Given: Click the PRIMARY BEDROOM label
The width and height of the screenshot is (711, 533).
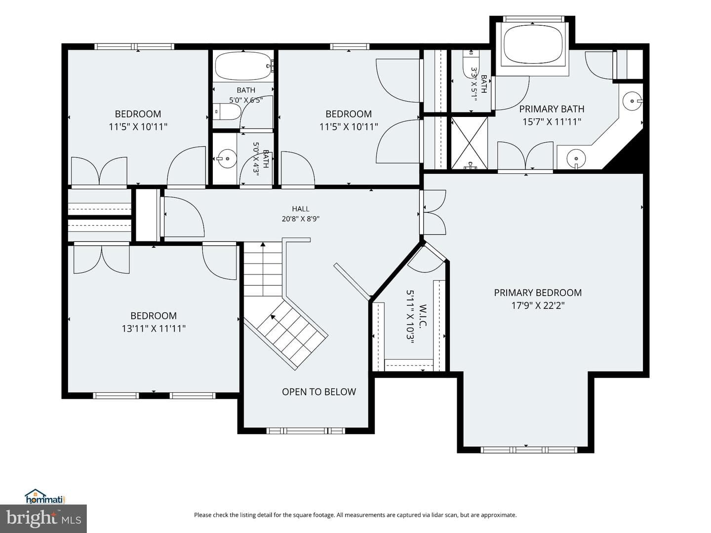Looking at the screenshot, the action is (537, 293).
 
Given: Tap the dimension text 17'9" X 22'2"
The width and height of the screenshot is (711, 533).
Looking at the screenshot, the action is (538, 305).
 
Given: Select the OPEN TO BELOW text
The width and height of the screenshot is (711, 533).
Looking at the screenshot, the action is (319, 391).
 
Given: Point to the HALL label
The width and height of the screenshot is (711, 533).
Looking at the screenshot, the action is (300, 209).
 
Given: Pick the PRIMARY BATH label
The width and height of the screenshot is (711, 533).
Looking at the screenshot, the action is (552, 109).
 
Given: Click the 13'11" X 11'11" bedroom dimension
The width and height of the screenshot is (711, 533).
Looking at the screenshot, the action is (154, 329).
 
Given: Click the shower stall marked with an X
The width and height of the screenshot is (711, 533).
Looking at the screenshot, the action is (470, 143).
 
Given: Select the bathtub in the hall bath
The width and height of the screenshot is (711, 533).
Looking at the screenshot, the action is (243, 66).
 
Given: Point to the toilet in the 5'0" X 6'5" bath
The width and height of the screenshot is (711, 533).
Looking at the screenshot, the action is (228, 112).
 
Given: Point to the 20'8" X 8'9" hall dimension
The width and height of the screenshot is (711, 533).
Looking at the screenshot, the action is (300, 219).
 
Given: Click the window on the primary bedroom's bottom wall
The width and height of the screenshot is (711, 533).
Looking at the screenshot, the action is (529, 450).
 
